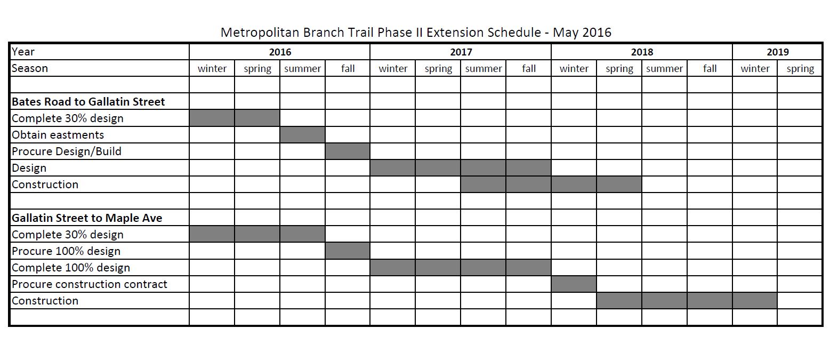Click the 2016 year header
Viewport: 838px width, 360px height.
[280, 52]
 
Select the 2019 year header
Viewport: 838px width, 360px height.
[777, 52]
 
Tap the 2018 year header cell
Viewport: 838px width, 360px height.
[642, 52]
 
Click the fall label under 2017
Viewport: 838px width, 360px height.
[529, 68]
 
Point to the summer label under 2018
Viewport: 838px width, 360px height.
[664, 69]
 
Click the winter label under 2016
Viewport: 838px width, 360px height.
[212, 69]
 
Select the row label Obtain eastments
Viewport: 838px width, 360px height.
[58, 135]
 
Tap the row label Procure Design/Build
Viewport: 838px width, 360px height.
[67, 151]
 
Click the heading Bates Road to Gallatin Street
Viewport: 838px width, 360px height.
[88, 102]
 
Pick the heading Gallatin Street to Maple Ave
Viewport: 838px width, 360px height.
[87, 218]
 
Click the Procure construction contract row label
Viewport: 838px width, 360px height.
[90, 284]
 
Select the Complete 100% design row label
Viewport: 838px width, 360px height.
[71, 268]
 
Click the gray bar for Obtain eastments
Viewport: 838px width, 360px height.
[302, 135]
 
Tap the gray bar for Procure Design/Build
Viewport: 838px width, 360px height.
[348, 151]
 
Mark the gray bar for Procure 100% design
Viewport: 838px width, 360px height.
[348, 251]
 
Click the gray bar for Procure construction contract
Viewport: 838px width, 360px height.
[574, 284]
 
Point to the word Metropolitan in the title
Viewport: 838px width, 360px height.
[260, 33]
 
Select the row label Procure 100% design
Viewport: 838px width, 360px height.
[66, 251]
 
